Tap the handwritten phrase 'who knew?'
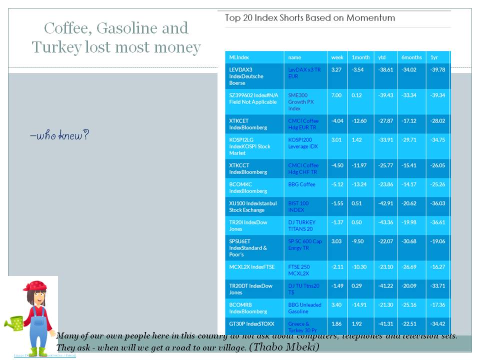point(59,135)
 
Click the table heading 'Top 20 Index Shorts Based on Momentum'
point(310,18)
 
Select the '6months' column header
point(411,57)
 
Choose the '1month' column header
point(360,57)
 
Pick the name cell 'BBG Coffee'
point(301,184)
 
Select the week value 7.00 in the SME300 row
point(336,95)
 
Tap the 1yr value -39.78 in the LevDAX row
point(437,70)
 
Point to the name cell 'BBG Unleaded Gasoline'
point(304,308)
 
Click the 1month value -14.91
point(359,305)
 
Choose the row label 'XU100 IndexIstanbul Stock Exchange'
point(252,206)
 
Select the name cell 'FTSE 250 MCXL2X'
point(299,270)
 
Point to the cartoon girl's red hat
point(36,285)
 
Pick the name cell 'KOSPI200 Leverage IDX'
point(303,143)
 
